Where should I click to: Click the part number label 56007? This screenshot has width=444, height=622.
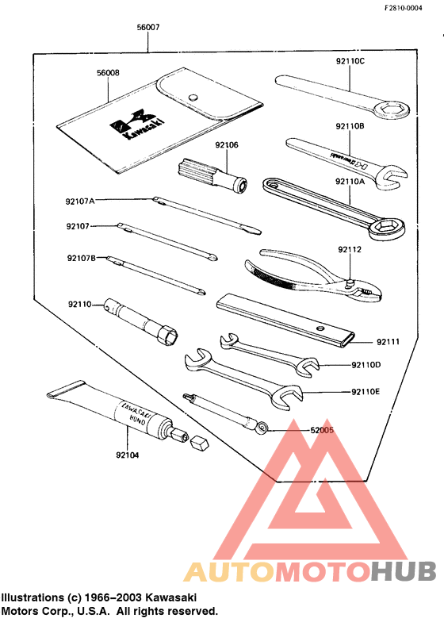(148, 27)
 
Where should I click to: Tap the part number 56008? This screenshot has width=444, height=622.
(108, 72)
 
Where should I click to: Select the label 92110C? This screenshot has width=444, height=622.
(350, 60)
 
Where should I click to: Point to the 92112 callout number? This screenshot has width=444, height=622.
(349, 250)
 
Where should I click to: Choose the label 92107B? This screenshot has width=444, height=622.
(81, 258)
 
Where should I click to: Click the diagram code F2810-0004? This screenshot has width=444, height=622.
(410, 7)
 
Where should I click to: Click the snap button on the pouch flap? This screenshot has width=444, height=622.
(191, 96)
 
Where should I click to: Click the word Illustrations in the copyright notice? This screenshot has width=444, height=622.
(36, 597)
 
